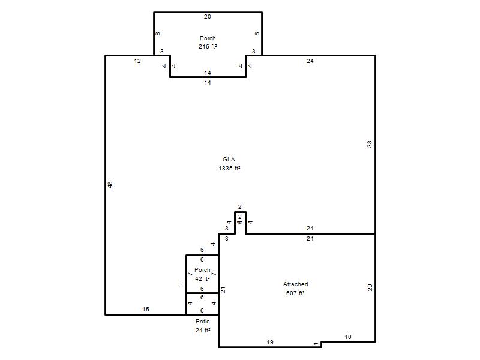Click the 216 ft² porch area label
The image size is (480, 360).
[208, 47]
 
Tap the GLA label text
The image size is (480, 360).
[229, 159]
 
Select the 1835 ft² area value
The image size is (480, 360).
[229, 169]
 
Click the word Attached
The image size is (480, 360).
[295, 284]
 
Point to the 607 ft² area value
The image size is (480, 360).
[295, 293]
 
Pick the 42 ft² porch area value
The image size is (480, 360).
[202, 278]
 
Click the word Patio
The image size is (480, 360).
[203, 321]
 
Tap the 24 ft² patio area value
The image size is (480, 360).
[203, 331]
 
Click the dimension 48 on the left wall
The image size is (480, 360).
[110, 185]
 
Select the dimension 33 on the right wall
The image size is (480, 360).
[370, 144]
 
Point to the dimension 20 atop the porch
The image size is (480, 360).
[208, 17]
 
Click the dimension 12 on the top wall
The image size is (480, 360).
[137, 61]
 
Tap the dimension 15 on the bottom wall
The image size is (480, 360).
[146, 310]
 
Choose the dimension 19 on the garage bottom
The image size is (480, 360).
[270, 342]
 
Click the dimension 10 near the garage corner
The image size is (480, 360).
[348, 337]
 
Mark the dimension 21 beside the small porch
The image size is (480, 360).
[223, 290]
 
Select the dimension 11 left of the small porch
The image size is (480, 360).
[181, 284]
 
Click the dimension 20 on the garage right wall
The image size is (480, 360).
[370, 287]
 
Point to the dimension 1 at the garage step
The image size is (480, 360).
[316, 344]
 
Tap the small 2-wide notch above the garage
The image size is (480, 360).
[241, 212]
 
